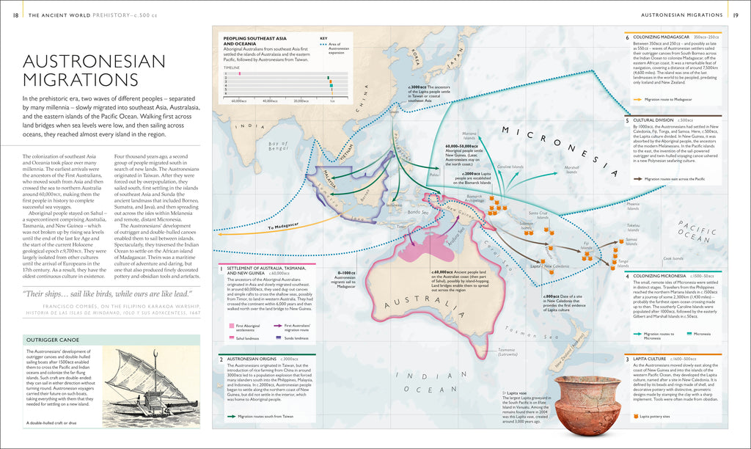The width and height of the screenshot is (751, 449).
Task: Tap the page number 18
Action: [x=16, y=14]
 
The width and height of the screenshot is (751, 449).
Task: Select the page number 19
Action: [x=736, y=14]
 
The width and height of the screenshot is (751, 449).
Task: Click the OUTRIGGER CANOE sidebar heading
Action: [x=53, y=340]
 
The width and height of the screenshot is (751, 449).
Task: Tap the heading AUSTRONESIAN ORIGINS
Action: [x=263, y=359]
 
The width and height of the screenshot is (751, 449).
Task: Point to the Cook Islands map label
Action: [x=673, y=258]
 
